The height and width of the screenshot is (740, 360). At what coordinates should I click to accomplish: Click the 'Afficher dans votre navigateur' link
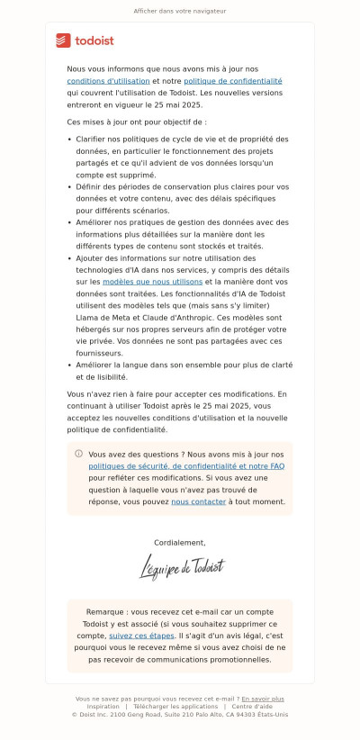point(179,12)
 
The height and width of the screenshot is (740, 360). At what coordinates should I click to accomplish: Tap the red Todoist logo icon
point(63,41)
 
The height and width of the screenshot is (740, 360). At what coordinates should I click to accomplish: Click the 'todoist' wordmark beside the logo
point(94,41)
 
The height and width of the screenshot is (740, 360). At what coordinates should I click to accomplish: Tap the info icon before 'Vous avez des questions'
point(78,454)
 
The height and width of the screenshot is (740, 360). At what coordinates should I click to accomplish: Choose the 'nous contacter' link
point(198,501)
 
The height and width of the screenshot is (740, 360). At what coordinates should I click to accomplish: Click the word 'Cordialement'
point(180,543)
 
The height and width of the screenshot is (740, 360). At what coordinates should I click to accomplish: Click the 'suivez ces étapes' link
point(141,635)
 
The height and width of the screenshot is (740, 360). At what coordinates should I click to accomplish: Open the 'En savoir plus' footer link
point(262,699)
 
